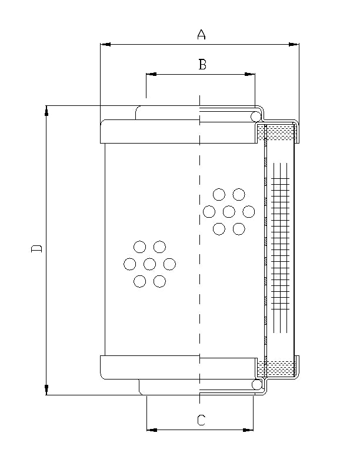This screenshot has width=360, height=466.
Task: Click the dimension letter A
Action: [201, 35]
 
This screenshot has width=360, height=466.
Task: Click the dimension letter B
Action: [202, 65]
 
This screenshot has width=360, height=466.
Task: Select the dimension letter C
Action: [201, 420]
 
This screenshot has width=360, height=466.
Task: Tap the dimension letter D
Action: [37, 248]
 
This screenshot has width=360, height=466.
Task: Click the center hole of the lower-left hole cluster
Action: [149, 264]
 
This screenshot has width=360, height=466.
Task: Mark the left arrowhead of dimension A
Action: [105, 44]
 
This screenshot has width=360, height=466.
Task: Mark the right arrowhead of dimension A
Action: [295, 44]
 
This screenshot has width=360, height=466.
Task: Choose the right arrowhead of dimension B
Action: [251, 75]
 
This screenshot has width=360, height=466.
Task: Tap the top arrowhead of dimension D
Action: [47, 109]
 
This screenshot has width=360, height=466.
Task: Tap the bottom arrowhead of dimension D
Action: [47, 391]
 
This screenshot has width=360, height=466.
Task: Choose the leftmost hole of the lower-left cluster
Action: [130, 264]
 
